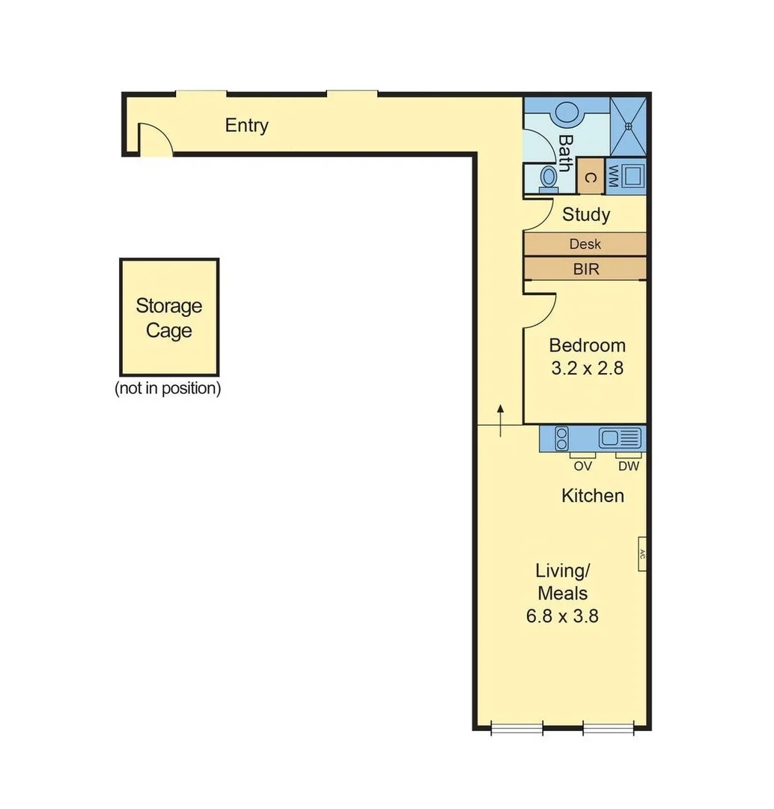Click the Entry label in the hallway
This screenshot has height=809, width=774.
click(x=246, y=126)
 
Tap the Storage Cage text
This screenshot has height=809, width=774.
click(x=168, y=318)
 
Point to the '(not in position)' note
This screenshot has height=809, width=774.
click(x=168, y=389)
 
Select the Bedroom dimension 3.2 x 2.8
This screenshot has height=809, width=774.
click(x=587, y=369)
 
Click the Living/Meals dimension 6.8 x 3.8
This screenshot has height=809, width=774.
click(x=562, y=616)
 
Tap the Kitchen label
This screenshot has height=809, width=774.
click(x=592, y=496)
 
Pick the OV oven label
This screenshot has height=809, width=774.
click(x=582, y=466)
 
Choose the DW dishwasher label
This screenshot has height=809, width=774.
click(x=628, y=466)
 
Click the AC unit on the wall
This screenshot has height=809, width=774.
click(x=642, y=554)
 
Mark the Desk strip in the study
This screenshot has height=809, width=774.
click(x=585, y=244)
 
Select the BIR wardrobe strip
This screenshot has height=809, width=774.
click(x=585, y=269)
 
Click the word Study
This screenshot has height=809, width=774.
click(x=585, y=215)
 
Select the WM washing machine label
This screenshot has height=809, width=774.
click(x=612, y=176)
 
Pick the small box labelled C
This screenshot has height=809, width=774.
click(x=590, y=178)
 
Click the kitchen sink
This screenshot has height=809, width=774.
click(x=621, y=438)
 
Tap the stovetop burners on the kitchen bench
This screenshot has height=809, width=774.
click(x=561, y=438)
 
